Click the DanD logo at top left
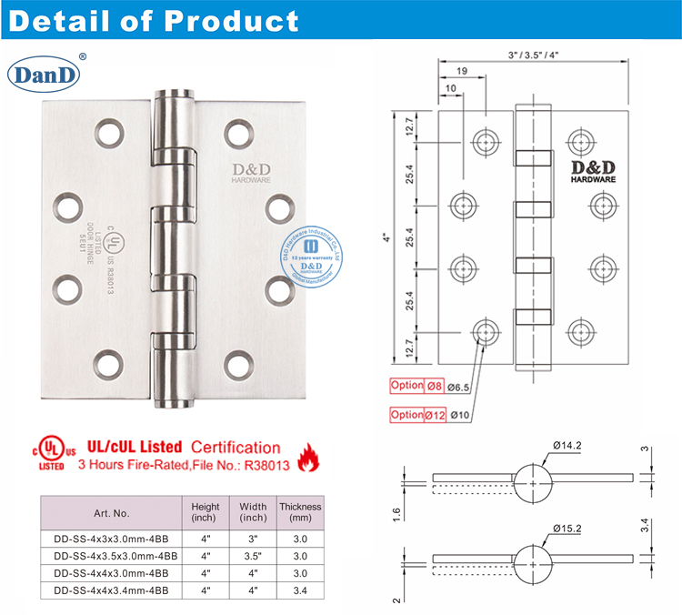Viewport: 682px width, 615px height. coord(46,73)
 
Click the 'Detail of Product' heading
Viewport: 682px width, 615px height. coord(154,20)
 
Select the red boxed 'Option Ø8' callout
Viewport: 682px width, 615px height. coord(418,385)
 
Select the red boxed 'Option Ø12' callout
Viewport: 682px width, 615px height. coord(419,415)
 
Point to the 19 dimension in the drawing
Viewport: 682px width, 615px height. coord(462,69)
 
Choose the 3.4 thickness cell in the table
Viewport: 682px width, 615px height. coord(299,589)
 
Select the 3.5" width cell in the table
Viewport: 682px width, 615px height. coord(253,555)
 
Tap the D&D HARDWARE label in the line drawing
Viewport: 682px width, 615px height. coord(594,172)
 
